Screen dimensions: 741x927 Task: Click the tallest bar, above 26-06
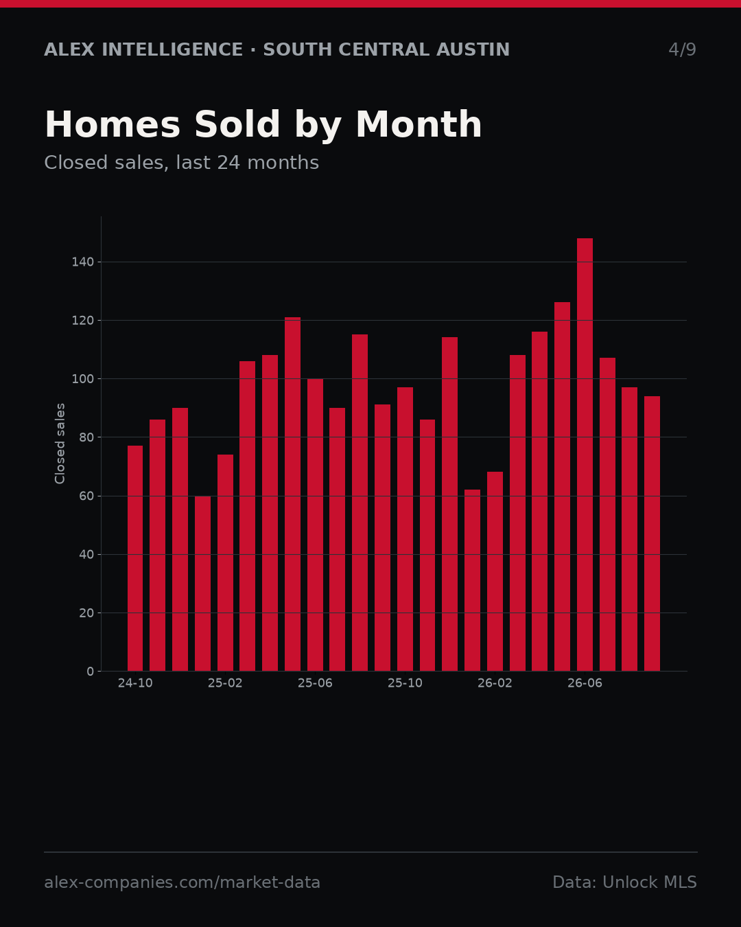(585, 455)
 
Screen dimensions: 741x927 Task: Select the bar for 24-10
(135, 558)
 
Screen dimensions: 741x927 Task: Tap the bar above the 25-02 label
(225, 562)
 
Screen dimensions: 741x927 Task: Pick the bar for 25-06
(315, 525)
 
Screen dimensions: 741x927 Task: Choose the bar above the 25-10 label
(405, 529)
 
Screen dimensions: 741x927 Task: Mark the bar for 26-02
(495, 571)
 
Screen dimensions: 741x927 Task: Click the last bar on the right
(652, 534)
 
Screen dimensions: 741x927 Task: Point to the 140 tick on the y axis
(82, 262)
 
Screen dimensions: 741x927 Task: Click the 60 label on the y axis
(86, 496)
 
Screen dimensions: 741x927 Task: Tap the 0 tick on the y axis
(90, 672)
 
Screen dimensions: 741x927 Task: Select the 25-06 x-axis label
(315, 683)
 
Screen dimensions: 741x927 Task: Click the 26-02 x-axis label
(495, 683)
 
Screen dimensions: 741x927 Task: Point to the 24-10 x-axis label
(135, 683)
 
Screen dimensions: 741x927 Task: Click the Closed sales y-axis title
(60, 444)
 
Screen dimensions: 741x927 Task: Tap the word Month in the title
(419, 124)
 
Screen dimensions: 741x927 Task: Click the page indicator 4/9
(683, 49)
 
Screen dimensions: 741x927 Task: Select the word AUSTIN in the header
(473, 49)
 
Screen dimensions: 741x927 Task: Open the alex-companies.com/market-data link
(182, 882)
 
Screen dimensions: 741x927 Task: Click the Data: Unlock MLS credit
(625, 882)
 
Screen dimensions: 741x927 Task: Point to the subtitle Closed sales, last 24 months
(182, 163)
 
